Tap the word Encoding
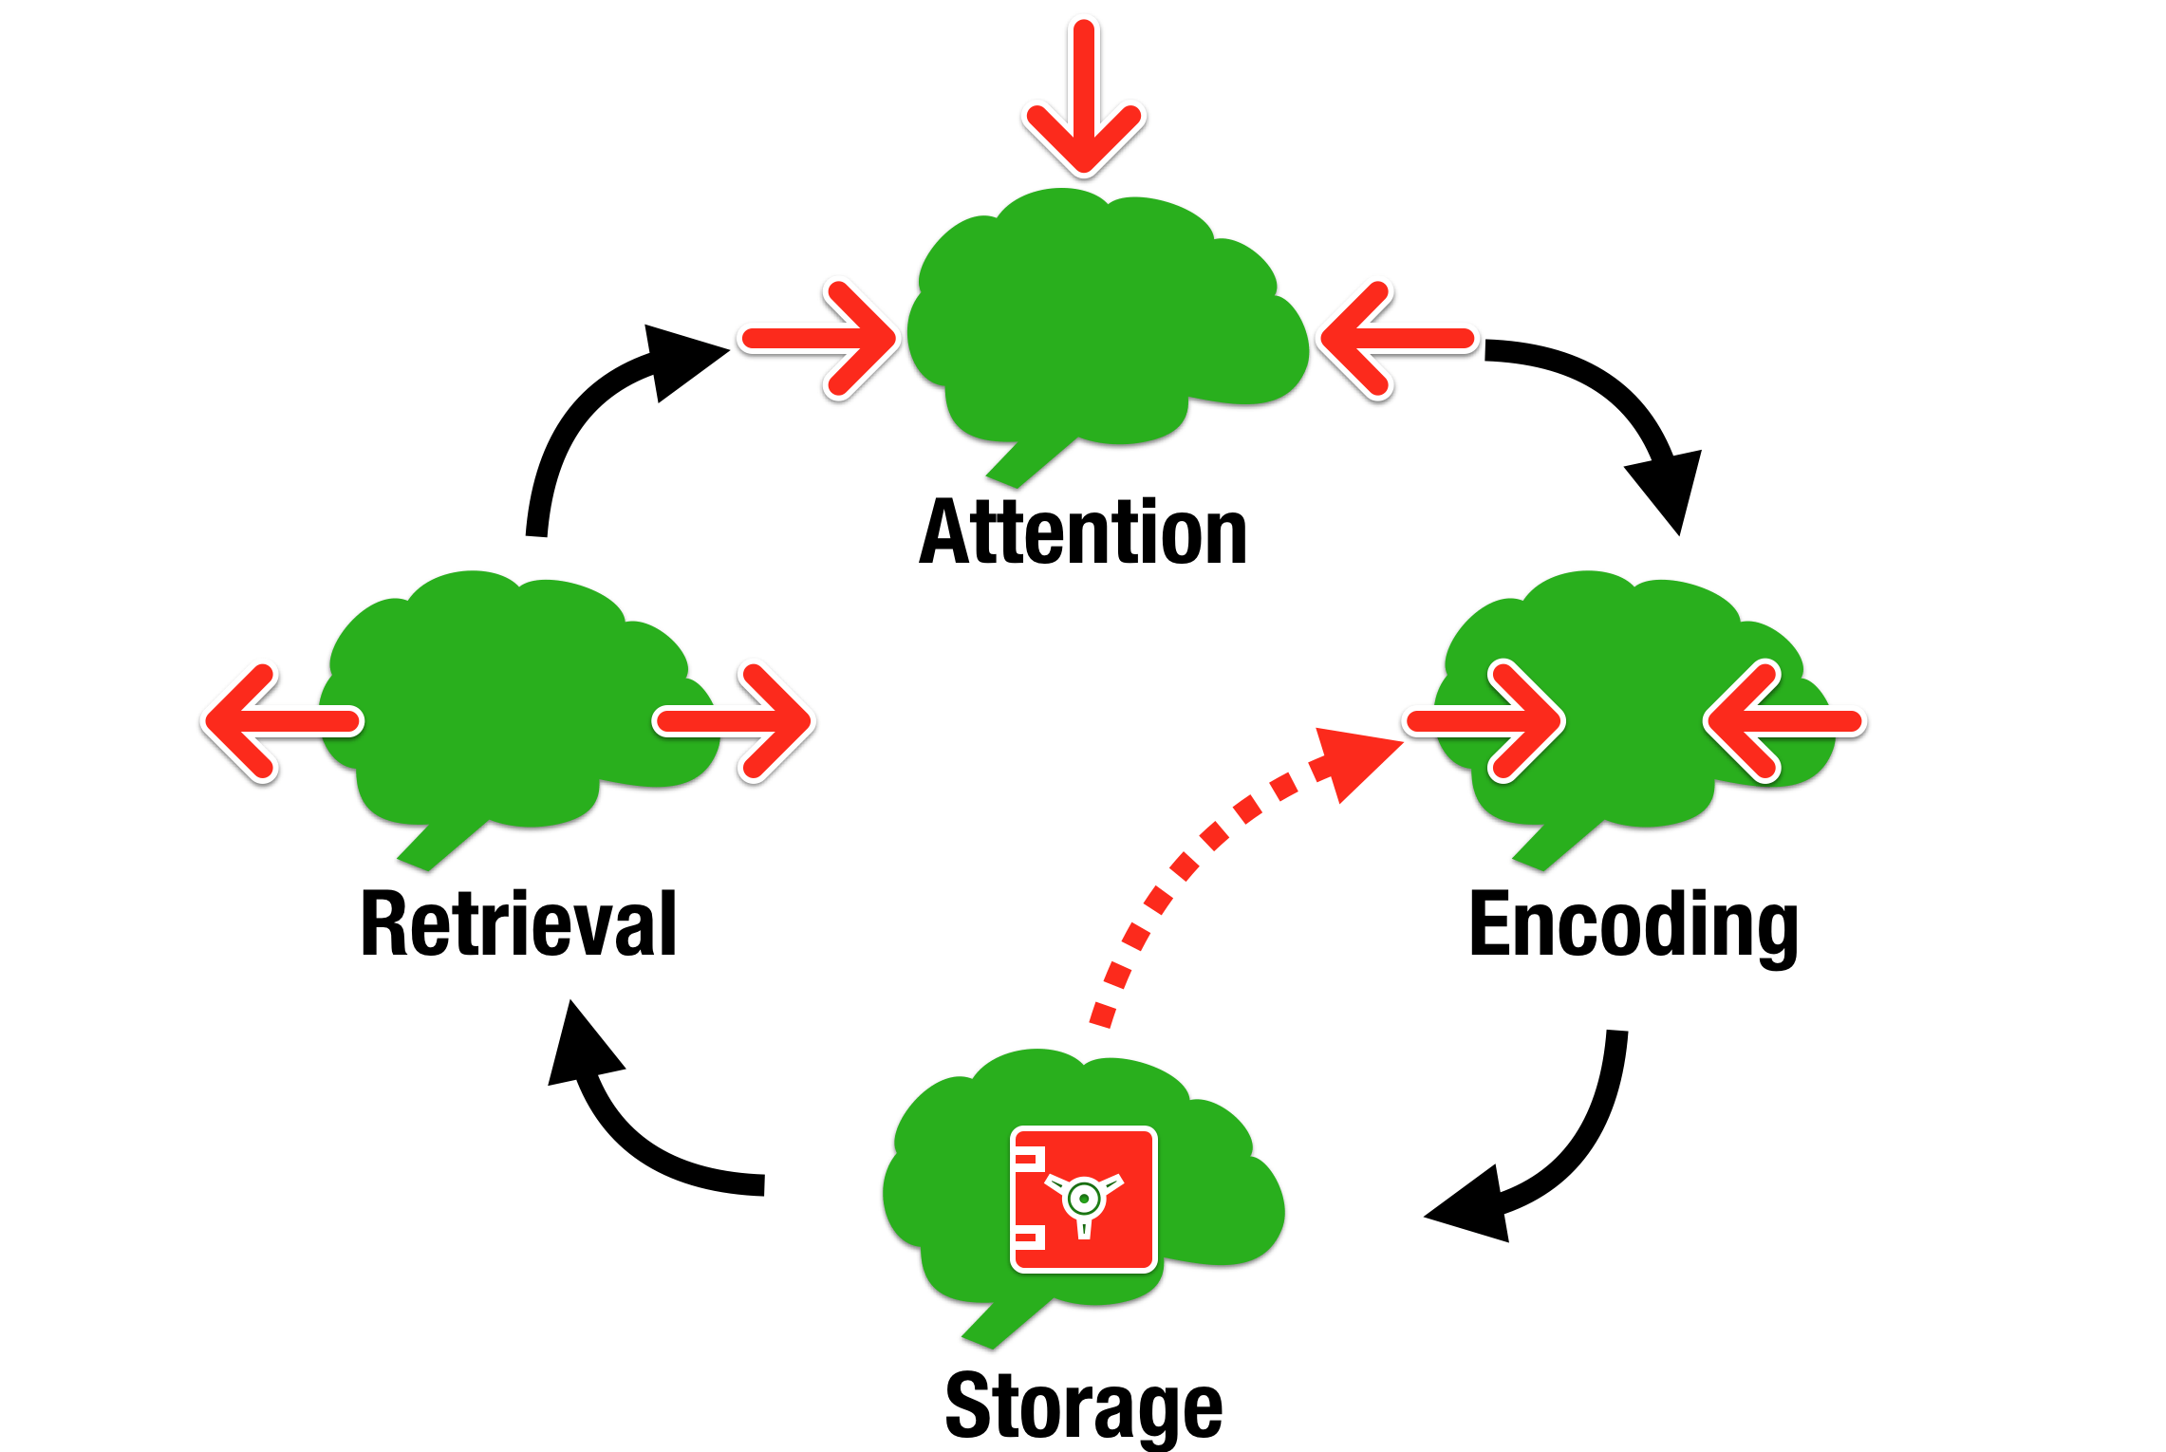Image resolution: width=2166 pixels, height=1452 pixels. (x=1633, y=924)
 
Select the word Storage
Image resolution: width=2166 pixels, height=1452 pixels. (x=1083, y=1406)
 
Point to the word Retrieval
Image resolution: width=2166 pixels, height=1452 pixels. (x=519, y=924)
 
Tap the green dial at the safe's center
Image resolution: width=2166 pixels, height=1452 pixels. (x=1083, y=1199)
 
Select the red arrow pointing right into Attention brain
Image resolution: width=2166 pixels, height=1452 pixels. (x=822, y=339)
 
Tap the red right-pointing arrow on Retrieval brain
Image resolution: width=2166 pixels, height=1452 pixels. (x=737, y=722)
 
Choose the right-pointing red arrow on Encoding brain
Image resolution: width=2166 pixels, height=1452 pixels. (x=1486, y=722)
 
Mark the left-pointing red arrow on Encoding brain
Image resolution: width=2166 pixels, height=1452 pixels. (x=1784, y=722)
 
